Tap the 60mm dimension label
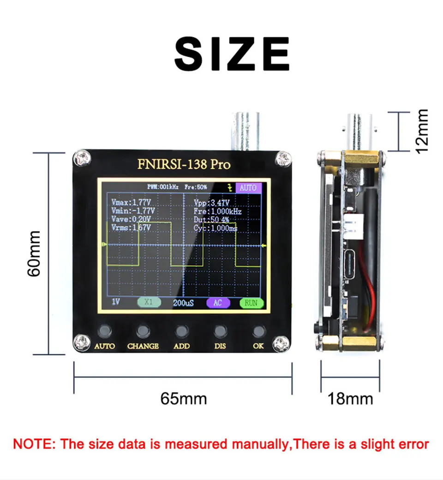point(35,253)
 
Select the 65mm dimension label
point(183,398)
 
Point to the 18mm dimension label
point(350,398)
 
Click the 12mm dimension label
point(421,132)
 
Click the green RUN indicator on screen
point(251,303)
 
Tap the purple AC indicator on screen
point(217,303)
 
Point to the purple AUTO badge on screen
point(248,188)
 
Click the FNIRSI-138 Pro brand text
point(184,164)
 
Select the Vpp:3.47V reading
point(211,203)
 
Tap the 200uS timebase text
point(183,303)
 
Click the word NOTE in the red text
point(33,444)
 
